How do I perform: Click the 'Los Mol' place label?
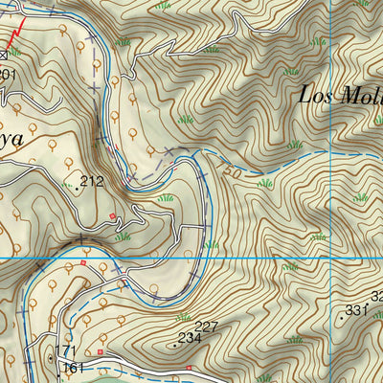340,96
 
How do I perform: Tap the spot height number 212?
93,180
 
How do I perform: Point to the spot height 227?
206,327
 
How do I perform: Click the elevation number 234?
190,337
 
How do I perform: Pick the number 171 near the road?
65,351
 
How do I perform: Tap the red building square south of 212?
113,216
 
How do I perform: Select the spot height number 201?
8,74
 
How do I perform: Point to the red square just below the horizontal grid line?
84,263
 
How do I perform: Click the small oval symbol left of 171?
51,358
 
